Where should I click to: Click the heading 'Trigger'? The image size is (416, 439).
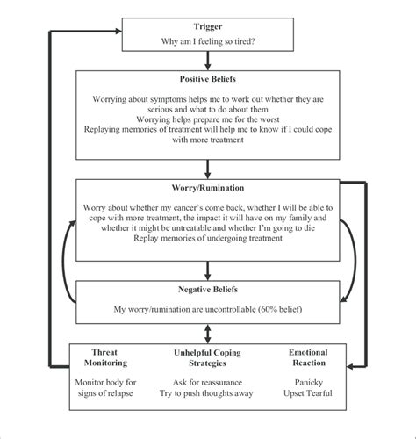(207, 28)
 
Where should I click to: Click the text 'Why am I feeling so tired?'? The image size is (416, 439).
(207, 41)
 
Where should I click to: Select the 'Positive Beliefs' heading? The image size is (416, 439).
(207, 80)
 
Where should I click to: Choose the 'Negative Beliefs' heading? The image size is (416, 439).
(207, 289)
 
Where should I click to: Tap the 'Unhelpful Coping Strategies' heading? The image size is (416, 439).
(207, 357)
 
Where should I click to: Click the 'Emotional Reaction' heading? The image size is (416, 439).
(308, 357)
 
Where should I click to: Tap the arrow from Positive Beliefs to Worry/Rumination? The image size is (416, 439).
(207, 169)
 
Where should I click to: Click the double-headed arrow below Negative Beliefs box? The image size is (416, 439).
(207, 333)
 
